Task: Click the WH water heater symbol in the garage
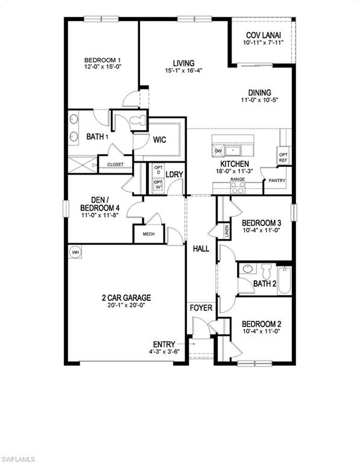pos(75,251)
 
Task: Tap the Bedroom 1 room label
pos(103,60)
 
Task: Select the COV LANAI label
pos(263,36)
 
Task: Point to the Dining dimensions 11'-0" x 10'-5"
pos(260,101)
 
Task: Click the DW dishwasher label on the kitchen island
pos(218,151)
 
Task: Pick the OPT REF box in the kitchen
pos(283,157)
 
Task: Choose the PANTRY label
pos(277,181)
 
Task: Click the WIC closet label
pos(159,140)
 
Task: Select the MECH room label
pos(148,234)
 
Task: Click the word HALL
pos(200,248)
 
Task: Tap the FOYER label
pos(201,308)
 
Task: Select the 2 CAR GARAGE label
pos(126,298)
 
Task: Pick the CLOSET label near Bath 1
pos(115,165)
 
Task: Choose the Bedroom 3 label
pos(262,222)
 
